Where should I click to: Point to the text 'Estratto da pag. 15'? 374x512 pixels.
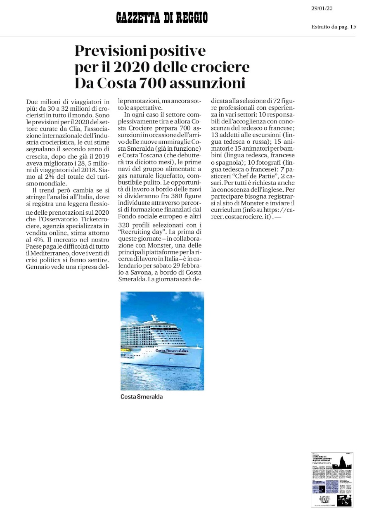point(334,27)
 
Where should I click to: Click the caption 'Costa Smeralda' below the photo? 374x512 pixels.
point(141,397)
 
